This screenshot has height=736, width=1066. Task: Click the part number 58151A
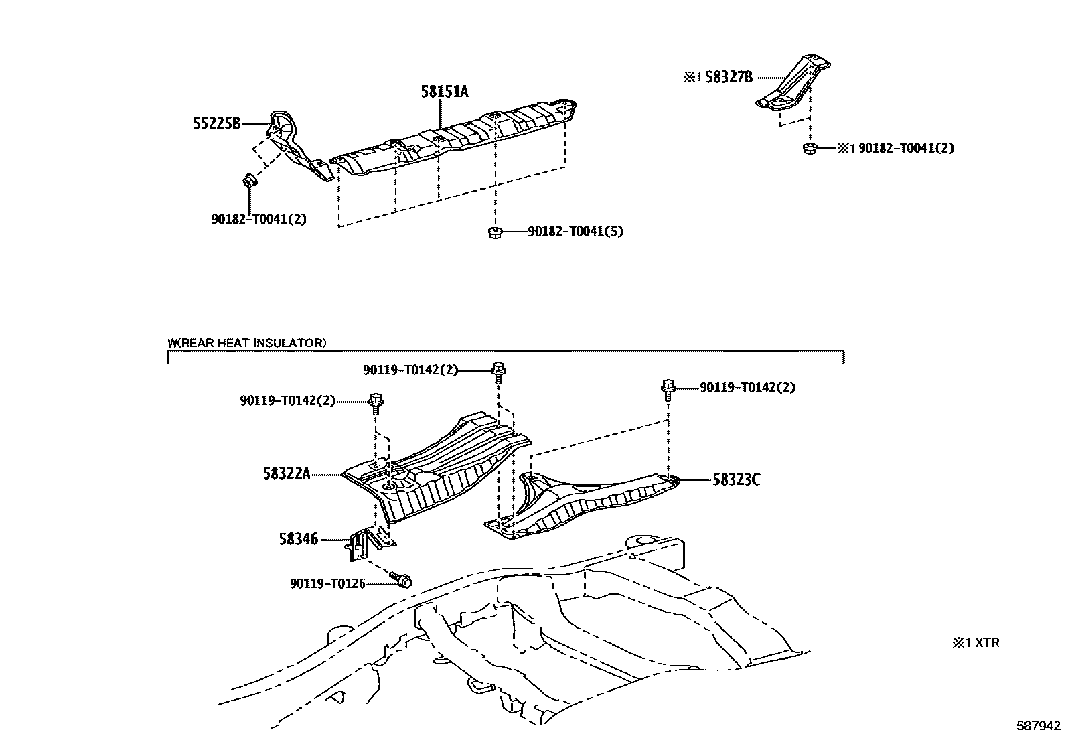click(x=445, y=92)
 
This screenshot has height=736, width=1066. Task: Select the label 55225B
click(x=217, y=123)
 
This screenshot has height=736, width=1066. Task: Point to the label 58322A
click(x=287, y=474)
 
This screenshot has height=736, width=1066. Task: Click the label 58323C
click(x=736, y=480)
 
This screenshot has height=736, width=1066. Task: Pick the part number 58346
click(x=299, y=538)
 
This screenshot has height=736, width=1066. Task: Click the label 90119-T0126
click(x=327, y=584)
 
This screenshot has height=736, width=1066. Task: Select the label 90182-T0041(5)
click(x=575, y=232)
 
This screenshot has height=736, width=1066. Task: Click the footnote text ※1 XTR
click(x=976, y=643)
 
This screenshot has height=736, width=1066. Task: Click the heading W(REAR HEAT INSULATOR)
click(x=247, y=343)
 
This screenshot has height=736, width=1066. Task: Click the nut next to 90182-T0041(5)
click(x=495, y=232)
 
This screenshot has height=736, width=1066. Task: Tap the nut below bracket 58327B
click(x=809, y=148)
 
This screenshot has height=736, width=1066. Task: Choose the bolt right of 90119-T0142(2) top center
click(x=498, y=370)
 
